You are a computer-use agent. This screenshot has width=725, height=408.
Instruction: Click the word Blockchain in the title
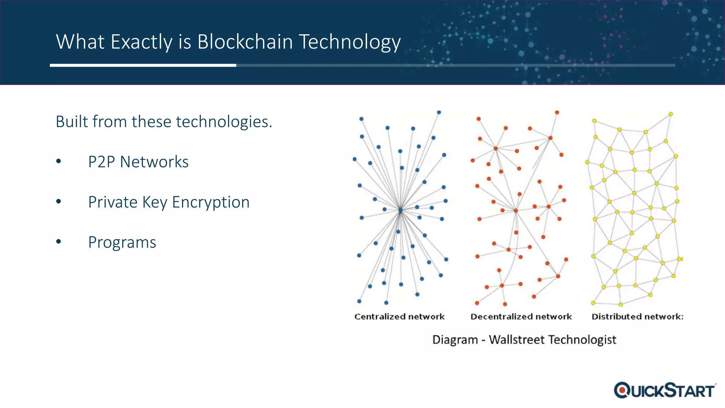[x=245, y=42]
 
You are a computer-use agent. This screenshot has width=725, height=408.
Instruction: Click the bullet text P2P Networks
[x=138, y=162]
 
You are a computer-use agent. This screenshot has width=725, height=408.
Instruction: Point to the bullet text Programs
[x=122, y=243]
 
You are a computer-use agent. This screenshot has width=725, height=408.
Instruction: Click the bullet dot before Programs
[x=59, y=242]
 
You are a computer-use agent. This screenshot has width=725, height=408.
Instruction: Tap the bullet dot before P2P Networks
[x=59, y=161]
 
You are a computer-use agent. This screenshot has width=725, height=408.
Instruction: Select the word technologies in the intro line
[x=202, y=122]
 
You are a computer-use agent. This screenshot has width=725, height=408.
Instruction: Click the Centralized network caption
[x=399, y=317]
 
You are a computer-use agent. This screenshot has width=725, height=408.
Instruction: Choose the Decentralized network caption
[x=521, y=317]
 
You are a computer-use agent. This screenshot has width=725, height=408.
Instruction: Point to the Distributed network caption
[x=637, y=317]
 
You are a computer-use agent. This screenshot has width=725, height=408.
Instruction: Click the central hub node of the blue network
[x=400, y=210]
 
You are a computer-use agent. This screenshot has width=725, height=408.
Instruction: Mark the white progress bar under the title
[x=143, y=66]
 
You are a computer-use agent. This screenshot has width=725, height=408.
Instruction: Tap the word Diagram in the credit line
[x=455, y=340]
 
